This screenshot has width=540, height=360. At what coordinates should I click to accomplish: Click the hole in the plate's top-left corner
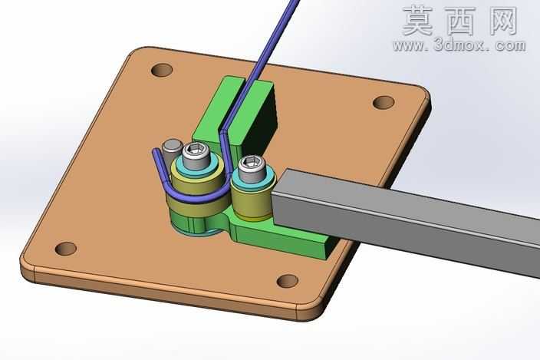(x=162, y=71)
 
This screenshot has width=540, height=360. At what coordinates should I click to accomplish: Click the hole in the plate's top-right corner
(x=384, y=103)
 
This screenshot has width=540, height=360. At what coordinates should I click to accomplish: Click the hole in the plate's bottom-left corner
(x=66, y=249)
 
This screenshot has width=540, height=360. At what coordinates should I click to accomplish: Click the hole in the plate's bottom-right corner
(x=288, y=281)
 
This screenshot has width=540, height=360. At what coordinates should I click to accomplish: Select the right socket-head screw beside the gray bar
(x=252, y=168)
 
